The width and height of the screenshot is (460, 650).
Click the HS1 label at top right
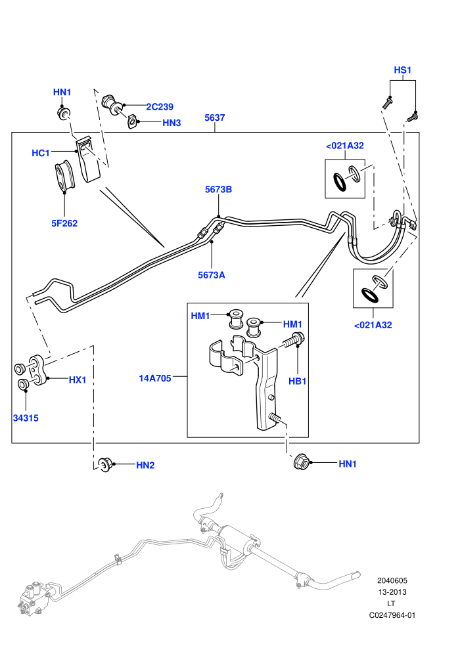pyautogui.click(x=402, y=70)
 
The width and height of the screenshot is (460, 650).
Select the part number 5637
pyautogui.click(x=214, y=118)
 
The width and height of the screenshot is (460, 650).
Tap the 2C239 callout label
pyautogui.click(x=160, y=106)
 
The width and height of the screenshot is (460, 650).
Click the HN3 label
pyautogui.click(x=172, y=123)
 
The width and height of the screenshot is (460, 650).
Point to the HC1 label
pyautogui.click(x=41, y=153)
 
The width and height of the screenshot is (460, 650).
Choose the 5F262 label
pyautogui.click(x=64, y=223)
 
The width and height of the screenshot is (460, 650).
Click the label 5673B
pyautogui.click(x=218, y=189)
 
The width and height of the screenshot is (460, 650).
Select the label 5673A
pyautogui.click(x=212, y=275)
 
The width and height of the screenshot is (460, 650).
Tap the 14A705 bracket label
pyautogui.click(x=155, y=378)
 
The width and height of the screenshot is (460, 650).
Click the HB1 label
pyautogui.click(x=298, y=381)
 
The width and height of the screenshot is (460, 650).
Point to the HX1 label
pyautogui.click(x=78, y=379)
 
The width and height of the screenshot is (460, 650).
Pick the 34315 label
pyautogui.click(x=26, y=418)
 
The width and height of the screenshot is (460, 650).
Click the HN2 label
pyautogui.click(x=145, y=465)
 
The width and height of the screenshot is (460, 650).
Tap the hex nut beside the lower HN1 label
pyautogui.click(x=301, y=462)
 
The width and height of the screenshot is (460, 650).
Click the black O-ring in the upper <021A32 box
pyautogui.click(x=340, y=183)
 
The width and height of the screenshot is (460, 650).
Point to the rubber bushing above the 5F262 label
pyautogui.click(x=64, y=176)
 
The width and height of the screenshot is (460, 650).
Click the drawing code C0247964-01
pyautogui.click(x=392, y=615)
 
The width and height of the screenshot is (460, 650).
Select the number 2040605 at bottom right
pyautogui.click(x=392, y=580)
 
